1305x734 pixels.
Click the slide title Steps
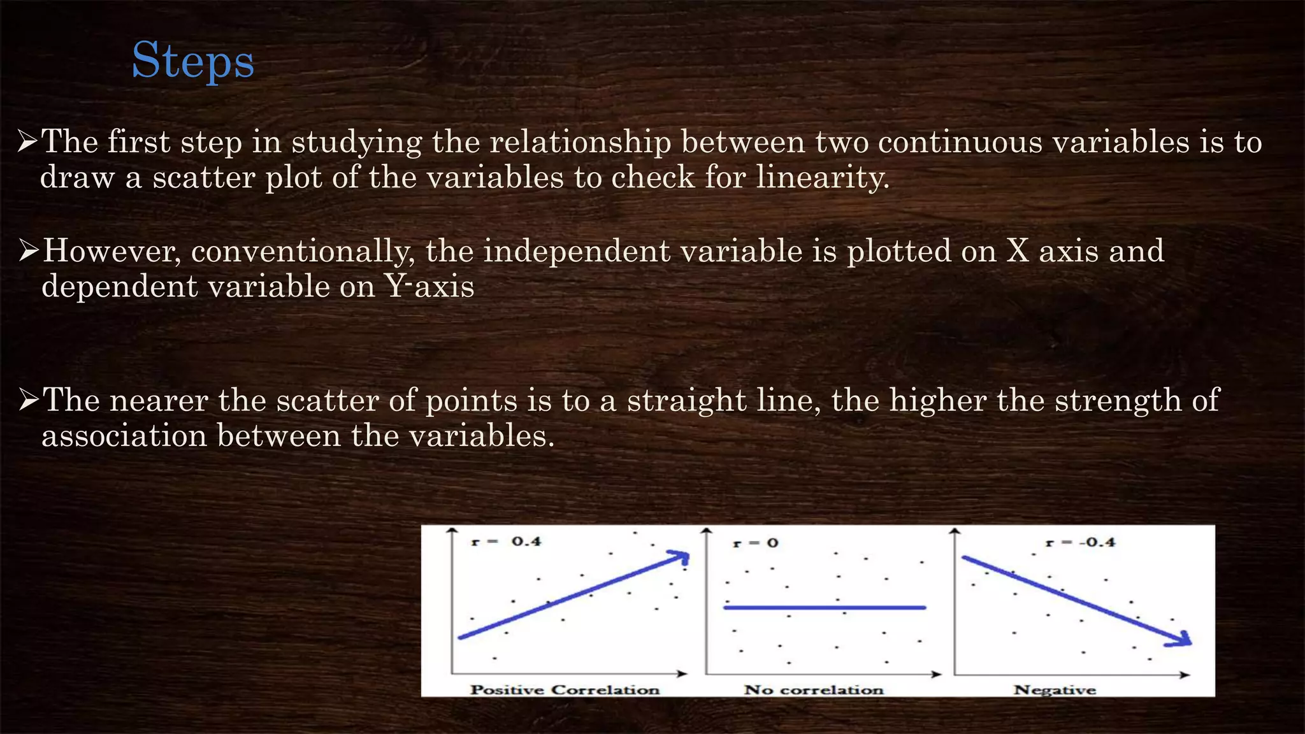tap(192, 61)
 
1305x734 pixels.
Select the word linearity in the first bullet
tap(822, 177)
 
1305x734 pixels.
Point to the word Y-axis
tap(429, 287)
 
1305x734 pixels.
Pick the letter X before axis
tap(1018, 250)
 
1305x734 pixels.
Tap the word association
tap(124, 436)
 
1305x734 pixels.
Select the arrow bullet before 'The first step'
tap(27, 141)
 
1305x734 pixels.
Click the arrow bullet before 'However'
tap(29, 251)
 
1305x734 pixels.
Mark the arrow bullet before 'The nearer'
tap(29, 400)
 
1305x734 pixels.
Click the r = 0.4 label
tap(506, 542)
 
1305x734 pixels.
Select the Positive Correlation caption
tap(565, 689)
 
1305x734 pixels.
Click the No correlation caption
tap(814, 689)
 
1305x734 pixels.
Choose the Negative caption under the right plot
tap(1055, 689)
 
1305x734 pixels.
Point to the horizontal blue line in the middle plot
tap(824, 608)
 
